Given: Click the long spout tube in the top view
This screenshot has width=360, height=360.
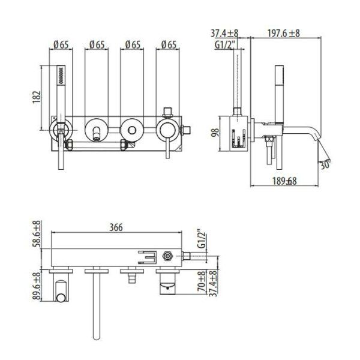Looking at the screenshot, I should (95, 306).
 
